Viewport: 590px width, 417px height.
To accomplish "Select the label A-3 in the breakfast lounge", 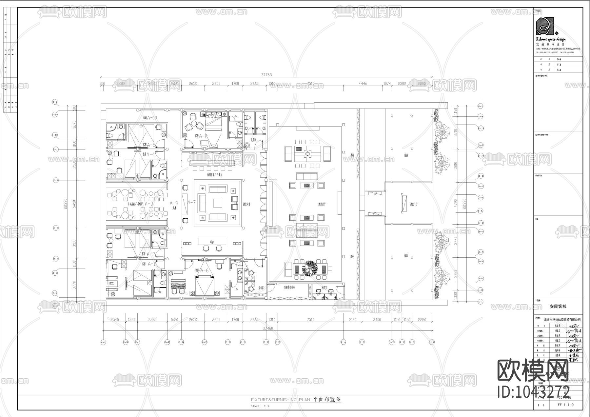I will (149, 204).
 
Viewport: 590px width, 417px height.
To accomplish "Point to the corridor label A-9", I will (174, 203).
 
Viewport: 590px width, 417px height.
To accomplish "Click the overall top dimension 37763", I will (266, 75).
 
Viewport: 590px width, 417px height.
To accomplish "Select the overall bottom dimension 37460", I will (268, 328).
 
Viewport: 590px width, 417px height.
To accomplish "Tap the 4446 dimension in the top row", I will (363, 84).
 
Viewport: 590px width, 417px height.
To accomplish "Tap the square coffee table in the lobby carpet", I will (217, 203).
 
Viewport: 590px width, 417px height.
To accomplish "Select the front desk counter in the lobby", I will (212, 241).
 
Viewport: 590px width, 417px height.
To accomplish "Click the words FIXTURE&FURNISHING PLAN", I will (280, 400).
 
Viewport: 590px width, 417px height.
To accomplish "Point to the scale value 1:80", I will (266, 406).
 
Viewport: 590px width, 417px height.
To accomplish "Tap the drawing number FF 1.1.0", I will (565, 405).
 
